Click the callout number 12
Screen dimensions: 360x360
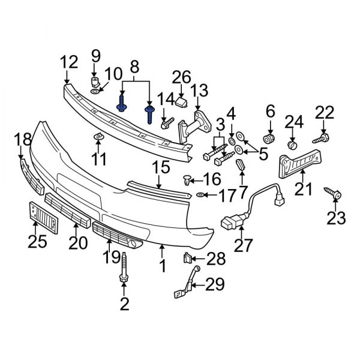pyautogui.click(x=69, y=61)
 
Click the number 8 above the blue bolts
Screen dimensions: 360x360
pyautogui.click(x=134, y=66)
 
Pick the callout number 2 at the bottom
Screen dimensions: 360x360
pyautogui.click(x=124, y=304)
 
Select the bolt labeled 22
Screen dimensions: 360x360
pyautogui.click(x=325, y=137)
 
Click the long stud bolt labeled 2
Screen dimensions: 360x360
pyautogui.click(x=124, y=270)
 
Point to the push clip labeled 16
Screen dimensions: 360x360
pyautogui.click(x=187, y=179)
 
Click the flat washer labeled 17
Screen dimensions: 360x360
pyautogui.click(x=200, y=195)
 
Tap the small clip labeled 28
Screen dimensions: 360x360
pyautogui.click(x=188, y=259)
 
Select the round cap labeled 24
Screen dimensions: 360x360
pyautogui.click(x=292, y=145)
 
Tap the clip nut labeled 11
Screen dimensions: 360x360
pyautogui.click(x=98, y=140)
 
